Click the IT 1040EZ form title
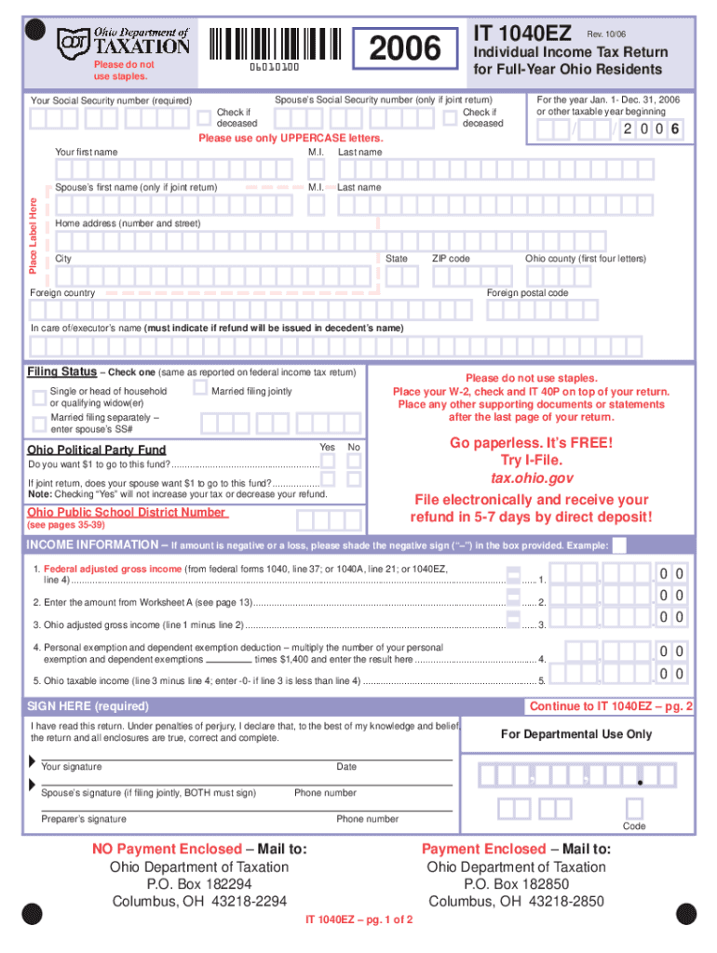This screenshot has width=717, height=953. point(522,34)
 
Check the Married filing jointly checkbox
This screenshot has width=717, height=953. point(198,389)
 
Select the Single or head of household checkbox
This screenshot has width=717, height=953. point(38,398)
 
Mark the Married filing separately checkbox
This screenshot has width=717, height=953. point(38,425)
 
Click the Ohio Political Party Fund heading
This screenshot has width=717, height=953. point(97,450)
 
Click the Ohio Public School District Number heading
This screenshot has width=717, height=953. point(126,513)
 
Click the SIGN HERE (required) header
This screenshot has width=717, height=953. point(89,706)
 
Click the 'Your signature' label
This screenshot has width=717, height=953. point(72,767)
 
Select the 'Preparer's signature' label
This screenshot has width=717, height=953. point(84,819)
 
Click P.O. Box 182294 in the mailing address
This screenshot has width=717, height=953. point(199,884)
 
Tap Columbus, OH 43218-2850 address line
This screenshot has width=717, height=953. point(516,901)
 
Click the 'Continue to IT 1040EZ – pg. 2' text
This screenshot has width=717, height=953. point(611,706)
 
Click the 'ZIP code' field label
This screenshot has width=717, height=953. point(451,258)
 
